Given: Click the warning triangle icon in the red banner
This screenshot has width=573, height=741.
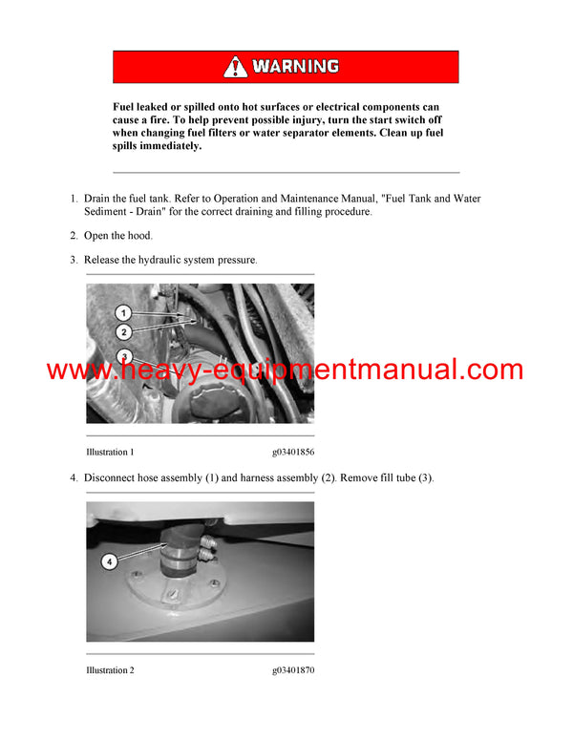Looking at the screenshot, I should [235, 67].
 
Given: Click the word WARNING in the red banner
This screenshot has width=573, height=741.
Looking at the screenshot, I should [295, 67].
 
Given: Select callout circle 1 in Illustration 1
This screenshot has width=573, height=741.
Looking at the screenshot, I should [123, 312].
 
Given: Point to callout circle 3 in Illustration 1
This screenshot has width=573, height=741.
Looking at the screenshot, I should [123, 356].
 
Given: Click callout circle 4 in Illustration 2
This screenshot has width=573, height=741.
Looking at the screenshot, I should [109, 562].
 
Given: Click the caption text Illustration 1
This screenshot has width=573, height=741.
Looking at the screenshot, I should [110, 452].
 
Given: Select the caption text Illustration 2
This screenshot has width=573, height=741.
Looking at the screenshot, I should [110, 670].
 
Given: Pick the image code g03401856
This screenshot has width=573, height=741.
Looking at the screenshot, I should [292, 452].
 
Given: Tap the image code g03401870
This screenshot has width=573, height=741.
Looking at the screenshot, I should [292, 670].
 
